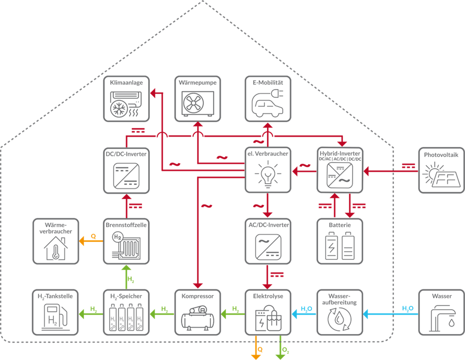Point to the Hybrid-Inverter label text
coord(340,154)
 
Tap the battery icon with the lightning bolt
coord(331,246)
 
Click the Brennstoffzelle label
coord(126,225)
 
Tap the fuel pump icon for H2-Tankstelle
coord(54,318)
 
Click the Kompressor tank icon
coord(197,318)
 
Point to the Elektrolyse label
coord(268,296)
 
